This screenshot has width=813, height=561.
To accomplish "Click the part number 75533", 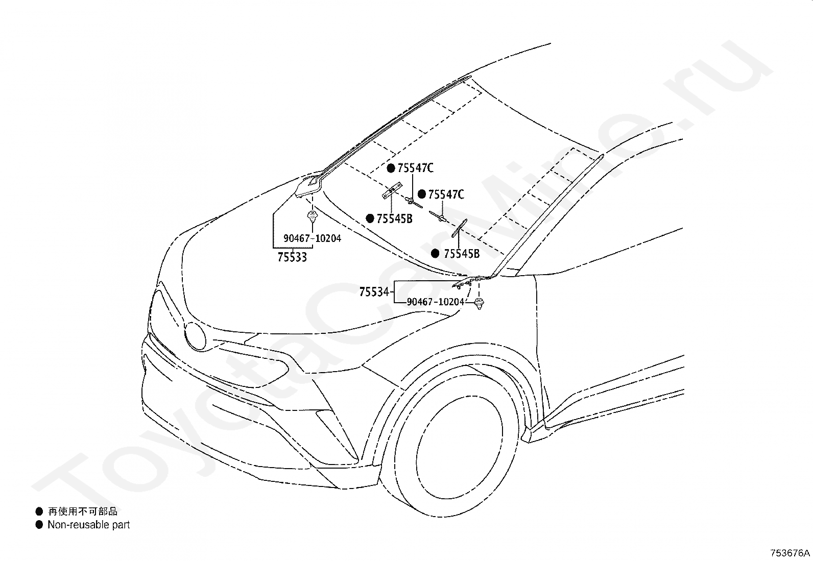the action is pos(292,257).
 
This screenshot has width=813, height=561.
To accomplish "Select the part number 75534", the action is pos(374,292).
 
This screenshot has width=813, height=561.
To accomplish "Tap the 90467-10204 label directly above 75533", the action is pos(312,238).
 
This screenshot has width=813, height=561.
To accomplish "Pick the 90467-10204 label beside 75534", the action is pos(436,302).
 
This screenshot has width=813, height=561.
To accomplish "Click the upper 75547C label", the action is pos(415,168).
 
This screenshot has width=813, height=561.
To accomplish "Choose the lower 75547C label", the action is pos(446,194).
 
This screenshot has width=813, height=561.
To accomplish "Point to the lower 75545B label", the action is pos(462,254).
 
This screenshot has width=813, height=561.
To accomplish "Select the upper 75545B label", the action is pos(395,219).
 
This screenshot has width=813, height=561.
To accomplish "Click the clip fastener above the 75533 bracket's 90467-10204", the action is pos(312,216).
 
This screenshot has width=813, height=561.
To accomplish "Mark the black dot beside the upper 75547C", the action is pos(391,168).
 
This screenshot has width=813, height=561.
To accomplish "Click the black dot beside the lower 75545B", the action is pos(435,254).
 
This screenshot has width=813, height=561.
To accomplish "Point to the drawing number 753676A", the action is pos(790,553).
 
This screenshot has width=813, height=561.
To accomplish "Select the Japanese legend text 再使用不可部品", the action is pos(83,511).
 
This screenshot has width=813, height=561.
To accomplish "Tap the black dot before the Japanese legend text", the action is pos(39,511).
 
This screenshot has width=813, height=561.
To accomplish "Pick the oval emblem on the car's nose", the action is pos(195,337).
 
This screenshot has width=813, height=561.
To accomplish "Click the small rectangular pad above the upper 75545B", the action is pos(392,190).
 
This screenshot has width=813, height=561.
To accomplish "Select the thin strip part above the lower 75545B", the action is pos(459,228).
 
